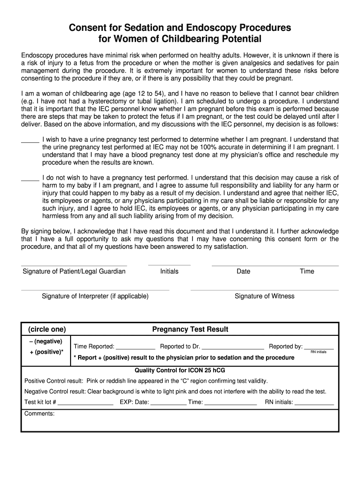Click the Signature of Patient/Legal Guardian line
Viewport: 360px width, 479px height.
point(74,265)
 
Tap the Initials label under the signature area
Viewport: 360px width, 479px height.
point(169,271)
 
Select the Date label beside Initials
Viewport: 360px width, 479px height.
point(243,271)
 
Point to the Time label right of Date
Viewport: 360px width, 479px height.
point(307,271)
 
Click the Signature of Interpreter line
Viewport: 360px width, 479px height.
point(95,290)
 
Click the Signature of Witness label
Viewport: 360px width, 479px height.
point(265,296)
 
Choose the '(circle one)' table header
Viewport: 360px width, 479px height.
point(47,329)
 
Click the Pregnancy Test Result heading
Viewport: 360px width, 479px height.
point(190,329)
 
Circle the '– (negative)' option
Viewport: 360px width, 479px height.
point(46,341)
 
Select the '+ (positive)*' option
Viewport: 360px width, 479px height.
point(46,352)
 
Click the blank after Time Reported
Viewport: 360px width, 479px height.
point(135,348)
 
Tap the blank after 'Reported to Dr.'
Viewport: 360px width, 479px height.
point(233,348)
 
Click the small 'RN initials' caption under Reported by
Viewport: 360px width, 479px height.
point(318,352)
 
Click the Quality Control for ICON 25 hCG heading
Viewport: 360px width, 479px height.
point(180,370)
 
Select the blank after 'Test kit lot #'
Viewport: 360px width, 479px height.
point(86,403)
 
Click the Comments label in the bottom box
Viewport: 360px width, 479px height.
point(39,414)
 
